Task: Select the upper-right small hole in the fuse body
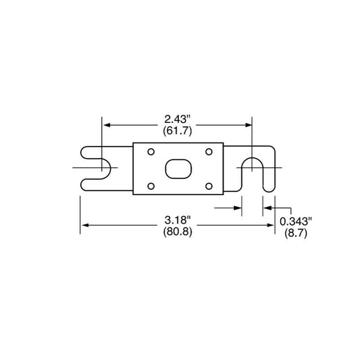click(x=209, y=151)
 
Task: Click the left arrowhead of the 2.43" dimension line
click(x=105, y=124)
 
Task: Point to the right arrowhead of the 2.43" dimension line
click(x=249, y=124)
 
